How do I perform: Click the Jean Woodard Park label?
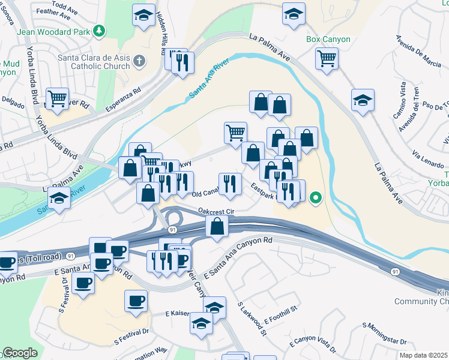(53, 31)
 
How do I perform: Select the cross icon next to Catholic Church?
(139, 60)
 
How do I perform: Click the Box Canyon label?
(328, 39)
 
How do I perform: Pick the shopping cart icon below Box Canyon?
(327, 59)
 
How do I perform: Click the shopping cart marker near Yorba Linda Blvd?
(58, 98)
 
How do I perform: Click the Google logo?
(20, 353)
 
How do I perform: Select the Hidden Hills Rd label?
(160, 33)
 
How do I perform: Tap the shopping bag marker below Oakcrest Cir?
(217, 227)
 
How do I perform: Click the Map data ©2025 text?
(424, 355)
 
